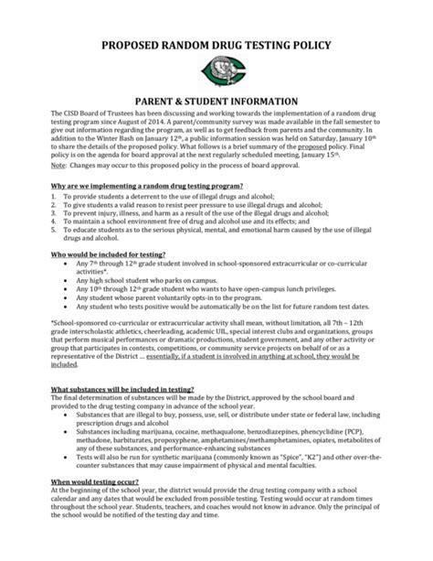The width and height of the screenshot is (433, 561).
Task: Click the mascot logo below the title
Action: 216,69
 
